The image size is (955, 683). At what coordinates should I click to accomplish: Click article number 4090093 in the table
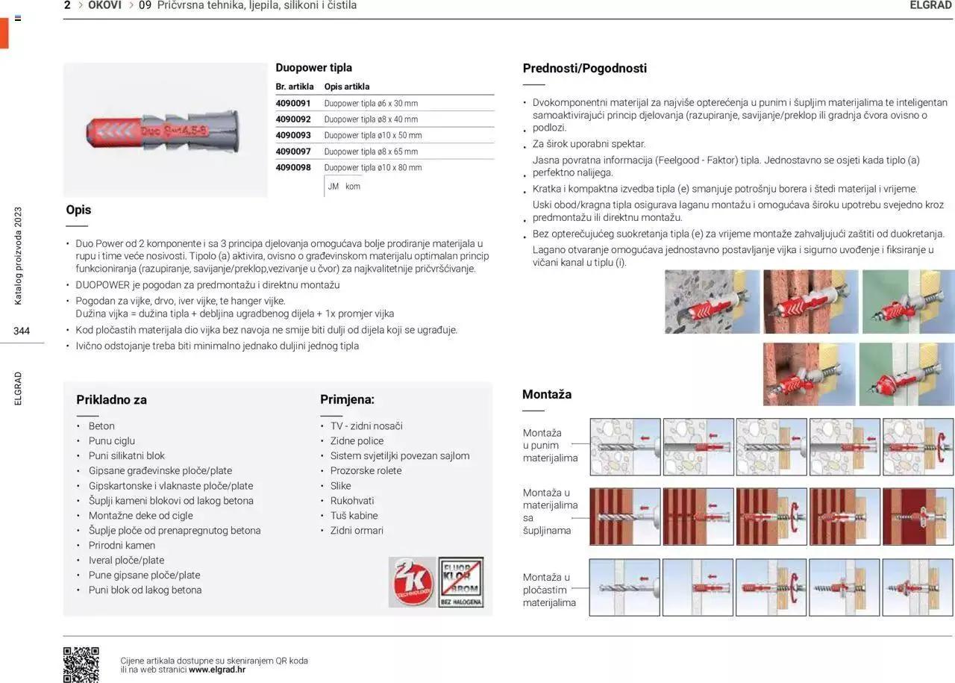click(x=293, y=135)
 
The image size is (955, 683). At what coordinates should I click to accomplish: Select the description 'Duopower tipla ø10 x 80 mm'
click(x=373, y=167)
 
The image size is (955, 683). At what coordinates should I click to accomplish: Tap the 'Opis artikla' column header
click(x=347, y=87)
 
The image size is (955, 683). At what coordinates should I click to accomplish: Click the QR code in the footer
click(x=81, y=664)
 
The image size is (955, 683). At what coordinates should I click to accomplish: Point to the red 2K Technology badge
click(x=411, y=581)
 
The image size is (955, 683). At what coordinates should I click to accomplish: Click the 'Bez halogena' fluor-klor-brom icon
click(x=460, y=581)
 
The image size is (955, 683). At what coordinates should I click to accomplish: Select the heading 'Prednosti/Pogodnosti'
click(x=584, y=68)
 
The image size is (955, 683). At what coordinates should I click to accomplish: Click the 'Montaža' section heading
click(x=547, y=394)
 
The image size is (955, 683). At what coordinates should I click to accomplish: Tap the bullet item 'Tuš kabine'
click(x=354, y=515)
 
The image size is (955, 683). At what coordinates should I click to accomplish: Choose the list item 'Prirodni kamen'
click(x=122, y=545)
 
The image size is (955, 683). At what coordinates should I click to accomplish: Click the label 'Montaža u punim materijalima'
click(x=551, y=446)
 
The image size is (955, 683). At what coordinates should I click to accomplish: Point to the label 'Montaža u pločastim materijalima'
click(x=549, y=590)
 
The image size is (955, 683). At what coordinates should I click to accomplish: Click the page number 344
click(x=22, y=331)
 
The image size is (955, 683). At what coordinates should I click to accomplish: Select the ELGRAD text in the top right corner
click(x=931, y=5)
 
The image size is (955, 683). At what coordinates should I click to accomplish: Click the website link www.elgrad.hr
click(x=217, y=670)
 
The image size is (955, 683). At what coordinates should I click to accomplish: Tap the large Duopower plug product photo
click(x=165, y=130)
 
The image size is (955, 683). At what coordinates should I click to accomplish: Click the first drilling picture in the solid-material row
click(x=625, y=446)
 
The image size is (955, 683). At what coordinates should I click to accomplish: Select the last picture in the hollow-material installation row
click(x=918, y=517)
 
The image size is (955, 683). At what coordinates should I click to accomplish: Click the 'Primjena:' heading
click(x=347, y=399)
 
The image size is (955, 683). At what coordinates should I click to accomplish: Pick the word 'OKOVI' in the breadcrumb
click(x=104, y=5)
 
